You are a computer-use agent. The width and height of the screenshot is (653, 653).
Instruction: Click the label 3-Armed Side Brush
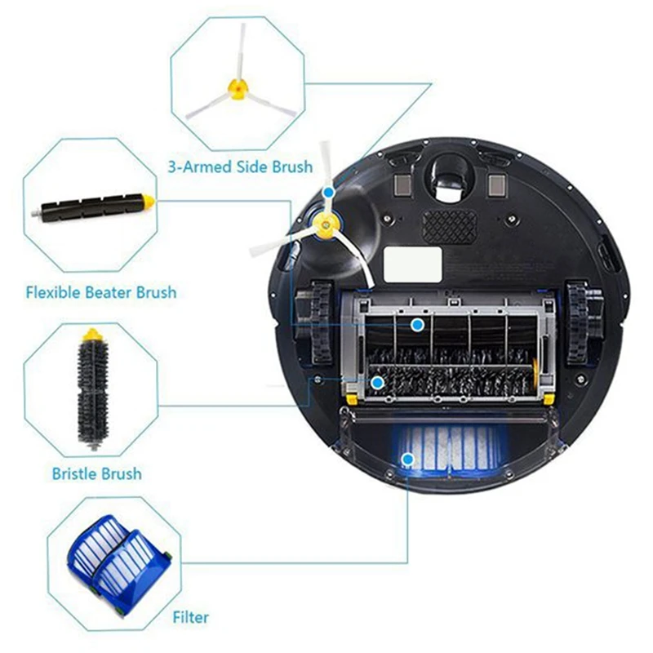point(240,167)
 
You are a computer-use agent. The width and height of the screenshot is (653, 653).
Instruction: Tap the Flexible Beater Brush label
point(101,291)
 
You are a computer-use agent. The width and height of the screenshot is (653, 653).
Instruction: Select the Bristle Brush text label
point(96,473)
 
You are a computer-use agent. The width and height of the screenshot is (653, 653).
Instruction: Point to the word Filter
point(190,617)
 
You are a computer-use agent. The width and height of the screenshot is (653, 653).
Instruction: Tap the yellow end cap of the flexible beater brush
point(147,198)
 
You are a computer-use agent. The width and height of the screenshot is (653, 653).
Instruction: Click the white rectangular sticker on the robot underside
point(412,264)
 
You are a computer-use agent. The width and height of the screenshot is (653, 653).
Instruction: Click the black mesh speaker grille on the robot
point(451,221)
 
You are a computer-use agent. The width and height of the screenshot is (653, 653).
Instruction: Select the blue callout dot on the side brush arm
point(327,192)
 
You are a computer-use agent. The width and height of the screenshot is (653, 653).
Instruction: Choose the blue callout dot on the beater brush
point(417,325)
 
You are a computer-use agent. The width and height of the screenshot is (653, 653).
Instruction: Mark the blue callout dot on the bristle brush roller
point(377,381)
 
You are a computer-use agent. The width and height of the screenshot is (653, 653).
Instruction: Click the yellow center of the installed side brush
point(323,220)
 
